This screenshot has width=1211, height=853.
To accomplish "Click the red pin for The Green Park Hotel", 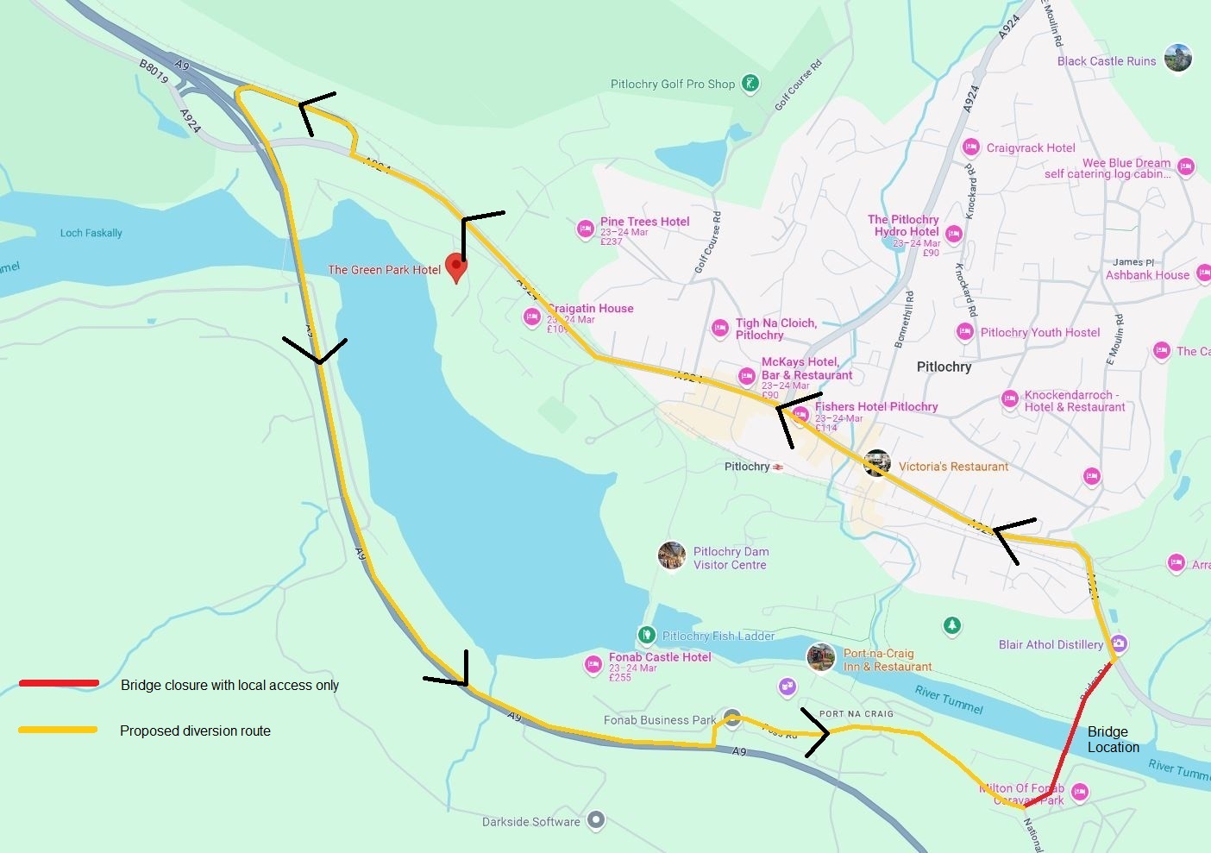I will [x=455, y=267].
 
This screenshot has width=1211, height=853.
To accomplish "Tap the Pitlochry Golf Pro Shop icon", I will [x=750, y=84].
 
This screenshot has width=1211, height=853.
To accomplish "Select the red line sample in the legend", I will [x=59, y=684].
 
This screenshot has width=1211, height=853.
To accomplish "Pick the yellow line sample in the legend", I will [x=59, y=730].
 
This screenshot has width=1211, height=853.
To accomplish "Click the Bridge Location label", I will [x=1112, y=740].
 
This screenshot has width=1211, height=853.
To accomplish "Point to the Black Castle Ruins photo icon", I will [x=1177, y=58].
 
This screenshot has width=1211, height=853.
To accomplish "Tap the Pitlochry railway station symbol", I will [x=778, y=467].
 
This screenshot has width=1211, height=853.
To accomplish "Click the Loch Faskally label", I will [x=91, y=233].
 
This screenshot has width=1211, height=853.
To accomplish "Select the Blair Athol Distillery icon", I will [x=1119, y=643].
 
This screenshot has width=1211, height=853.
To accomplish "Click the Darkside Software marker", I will [x=595, y=820].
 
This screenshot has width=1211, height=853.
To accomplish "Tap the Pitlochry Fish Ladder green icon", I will [x=647, y=635].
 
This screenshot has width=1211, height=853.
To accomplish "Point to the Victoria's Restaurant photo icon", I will [x=877, y=463].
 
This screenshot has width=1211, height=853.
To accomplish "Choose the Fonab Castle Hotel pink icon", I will [x=593, y=664].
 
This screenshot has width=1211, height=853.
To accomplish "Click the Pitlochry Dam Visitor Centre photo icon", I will [x=672, y=555].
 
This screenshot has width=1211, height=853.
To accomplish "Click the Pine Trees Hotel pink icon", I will [x=585, y=229].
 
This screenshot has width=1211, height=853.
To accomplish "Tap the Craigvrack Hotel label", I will [x=1030, y=147].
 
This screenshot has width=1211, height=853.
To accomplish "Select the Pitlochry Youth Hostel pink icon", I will [x=965, y=331].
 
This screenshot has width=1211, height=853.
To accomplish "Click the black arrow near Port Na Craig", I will [x=816, y=733].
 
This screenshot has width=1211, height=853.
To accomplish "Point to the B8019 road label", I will [x=154, y=72].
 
